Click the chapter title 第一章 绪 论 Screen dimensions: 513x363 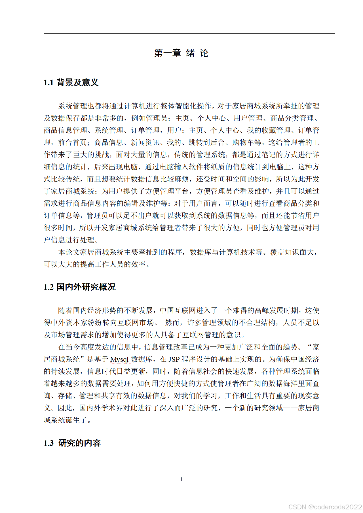pos(181,53)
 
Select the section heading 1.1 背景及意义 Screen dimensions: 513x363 pos(71,82)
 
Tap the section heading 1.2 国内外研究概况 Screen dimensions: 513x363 pos(79,287)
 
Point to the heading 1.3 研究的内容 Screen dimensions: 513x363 pos(72,443)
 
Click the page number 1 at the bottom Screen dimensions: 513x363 pos(181,479)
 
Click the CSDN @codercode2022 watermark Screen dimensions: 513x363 pos(325,507)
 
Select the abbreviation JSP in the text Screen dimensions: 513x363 pos(174,359)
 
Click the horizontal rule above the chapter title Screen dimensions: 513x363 pos(189,34)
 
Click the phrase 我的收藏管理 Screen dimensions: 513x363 pos(269,130)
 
